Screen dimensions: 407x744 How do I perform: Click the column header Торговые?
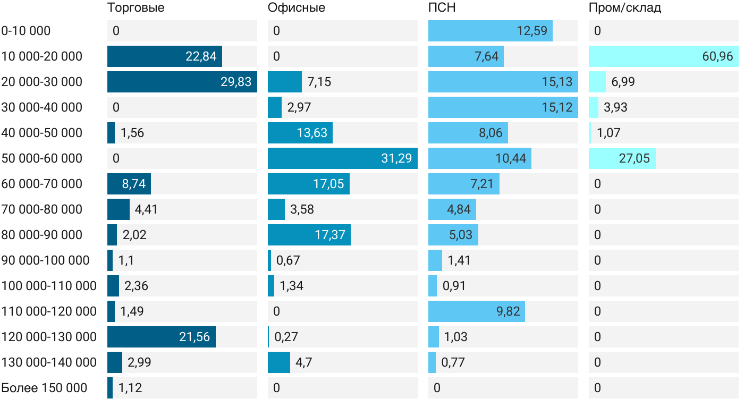[x=136, y=8]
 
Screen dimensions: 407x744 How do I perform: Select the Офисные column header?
[x=296, y=8]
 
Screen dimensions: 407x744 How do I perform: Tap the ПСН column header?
[x=442, y=8]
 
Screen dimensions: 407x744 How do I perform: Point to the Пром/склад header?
[x=624, y=8]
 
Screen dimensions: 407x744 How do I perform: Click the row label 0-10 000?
[x=26, y=31]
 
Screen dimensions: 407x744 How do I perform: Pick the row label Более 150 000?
[x=44, y=388]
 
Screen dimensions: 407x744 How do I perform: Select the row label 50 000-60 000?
[x=42, y=158]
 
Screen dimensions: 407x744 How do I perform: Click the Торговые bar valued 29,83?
[x=182, y=82]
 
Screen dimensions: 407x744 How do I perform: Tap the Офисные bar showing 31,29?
[x=342, y=158]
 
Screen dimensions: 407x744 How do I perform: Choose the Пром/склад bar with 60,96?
[x=663, y=56]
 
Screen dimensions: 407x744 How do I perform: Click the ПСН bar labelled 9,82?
[x=476, y=311]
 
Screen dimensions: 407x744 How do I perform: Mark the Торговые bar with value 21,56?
[x=161, y=337]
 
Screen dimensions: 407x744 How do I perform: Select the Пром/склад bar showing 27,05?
[x=622, y=158]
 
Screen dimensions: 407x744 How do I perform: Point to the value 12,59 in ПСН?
[x=531, y=31]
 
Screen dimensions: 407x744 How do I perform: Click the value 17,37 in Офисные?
[x=329, y=235]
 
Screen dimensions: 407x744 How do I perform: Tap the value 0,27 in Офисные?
[x=286, y=337]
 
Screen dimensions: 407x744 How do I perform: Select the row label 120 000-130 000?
[x=49, y=337]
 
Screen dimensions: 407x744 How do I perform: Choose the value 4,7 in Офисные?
[x=303, y=362]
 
